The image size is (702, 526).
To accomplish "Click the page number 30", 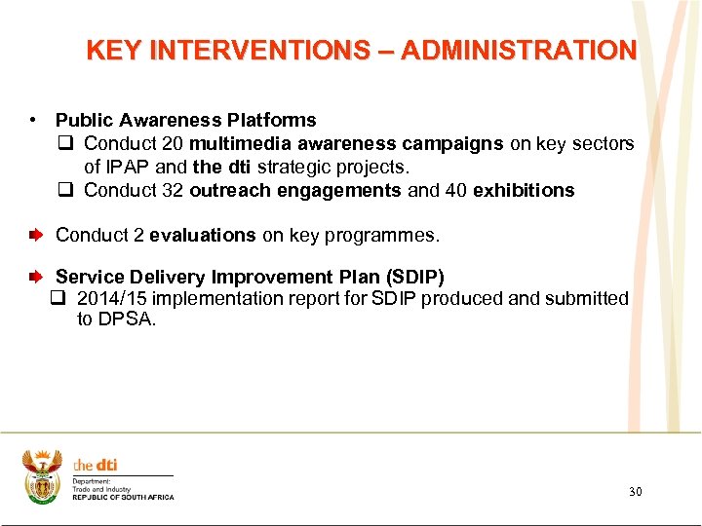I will (635, 492).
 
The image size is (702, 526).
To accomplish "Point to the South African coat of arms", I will (42, 474).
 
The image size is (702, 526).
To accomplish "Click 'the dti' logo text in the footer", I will (96, 466).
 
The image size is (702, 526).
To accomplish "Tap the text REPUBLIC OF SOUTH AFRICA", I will (123, 498).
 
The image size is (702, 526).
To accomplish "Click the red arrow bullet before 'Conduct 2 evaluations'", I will (36, 236).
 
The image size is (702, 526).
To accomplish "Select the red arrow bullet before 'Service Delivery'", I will (36, 278).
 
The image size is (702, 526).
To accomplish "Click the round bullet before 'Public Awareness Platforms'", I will (33, 121).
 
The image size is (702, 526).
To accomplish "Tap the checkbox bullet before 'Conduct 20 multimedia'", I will (64, 144).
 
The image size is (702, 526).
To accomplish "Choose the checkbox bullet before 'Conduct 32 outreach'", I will (64, 191).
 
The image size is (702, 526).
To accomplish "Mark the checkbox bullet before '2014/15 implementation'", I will (58, 299).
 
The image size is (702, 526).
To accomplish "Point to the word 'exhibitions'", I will (524, 191).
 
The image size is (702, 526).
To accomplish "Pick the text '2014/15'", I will (110, 299).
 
